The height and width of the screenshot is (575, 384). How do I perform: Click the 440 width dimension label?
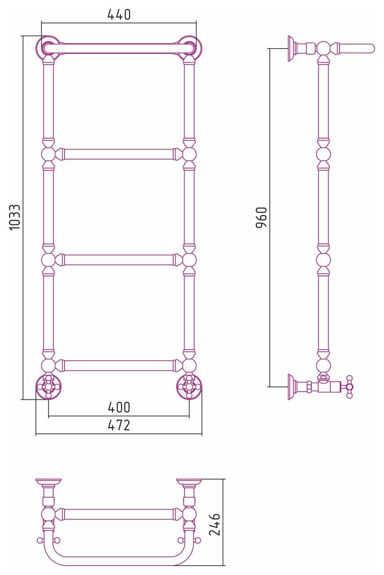pyautogui.click(x=119, y=15)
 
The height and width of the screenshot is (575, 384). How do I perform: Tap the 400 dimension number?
pyautogui.click(x=119, y=407)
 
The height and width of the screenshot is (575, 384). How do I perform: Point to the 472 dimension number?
pyautogui.click(x=119, y=425)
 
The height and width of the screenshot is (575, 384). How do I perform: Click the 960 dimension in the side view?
pyautogui.click(x=262, y=217)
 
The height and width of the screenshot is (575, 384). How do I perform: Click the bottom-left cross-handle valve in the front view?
pyautogui.click(x=48, y=387)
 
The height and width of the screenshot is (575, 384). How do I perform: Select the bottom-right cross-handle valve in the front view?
pyautogui.click(x=189, y=387)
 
